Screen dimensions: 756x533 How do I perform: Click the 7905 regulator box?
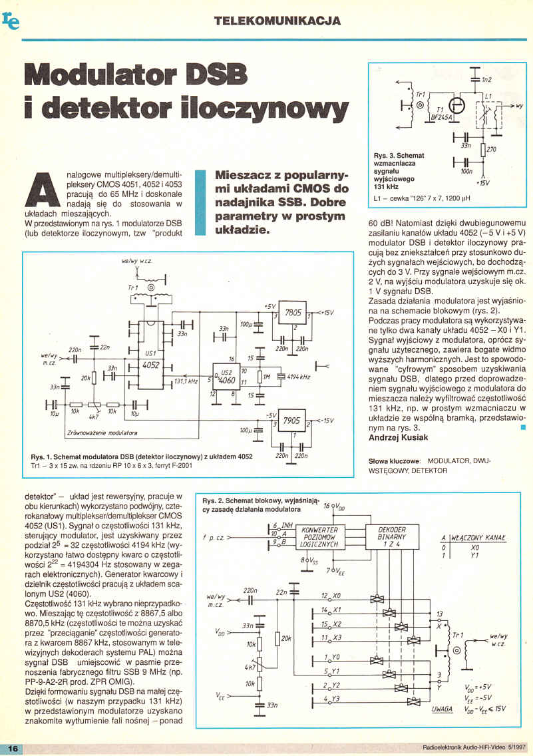(291, 423)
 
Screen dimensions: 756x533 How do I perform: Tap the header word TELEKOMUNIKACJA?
(278, 21)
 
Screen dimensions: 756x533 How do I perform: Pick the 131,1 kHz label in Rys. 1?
(186, 381)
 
